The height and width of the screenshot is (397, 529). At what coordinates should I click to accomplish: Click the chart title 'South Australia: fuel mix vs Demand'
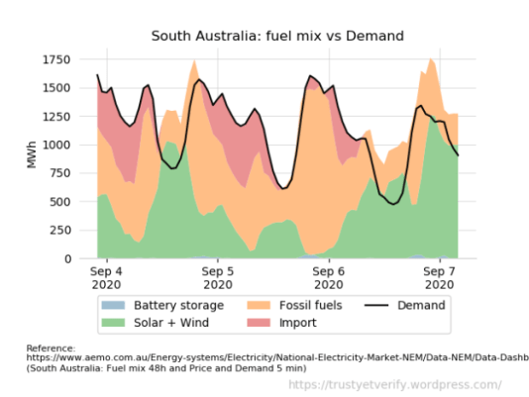coord(277,37)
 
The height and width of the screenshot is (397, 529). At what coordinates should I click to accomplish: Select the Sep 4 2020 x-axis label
coord(106,276)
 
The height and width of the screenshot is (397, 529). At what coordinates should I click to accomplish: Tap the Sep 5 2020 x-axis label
coord(217,276)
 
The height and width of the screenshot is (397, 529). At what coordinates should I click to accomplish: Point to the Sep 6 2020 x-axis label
coord(328,276)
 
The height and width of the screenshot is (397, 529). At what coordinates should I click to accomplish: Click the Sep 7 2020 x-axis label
coord(439,276)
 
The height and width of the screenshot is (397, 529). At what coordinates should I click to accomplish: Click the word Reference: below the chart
coord(50,348)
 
